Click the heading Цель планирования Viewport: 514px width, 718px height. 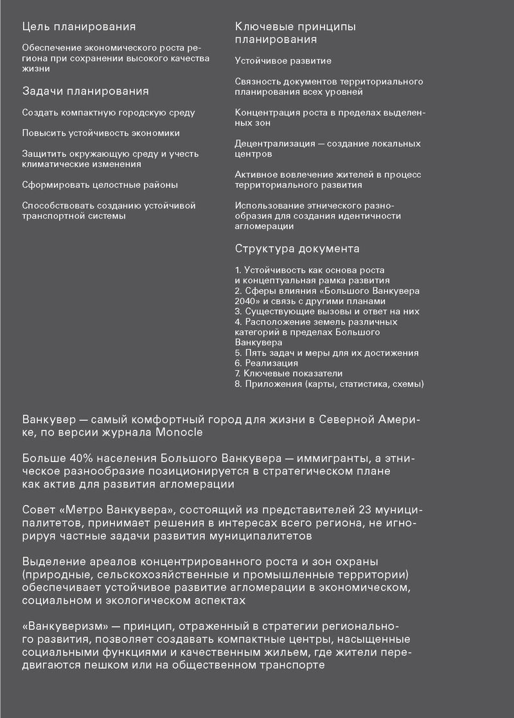78,27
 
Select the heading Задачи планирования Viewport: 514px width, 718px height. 85,91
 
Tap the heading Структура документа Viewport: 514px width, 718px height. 297,248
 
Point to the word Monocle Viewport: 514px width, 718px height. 178,432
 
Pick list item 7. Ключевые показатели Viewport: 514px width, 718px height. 288,373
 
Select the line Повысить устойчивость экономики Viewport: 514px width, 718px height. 101,133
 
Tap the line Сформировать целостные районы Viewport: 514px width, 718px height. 100,185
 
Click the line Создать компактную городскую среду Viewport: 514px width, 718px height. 109,113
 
